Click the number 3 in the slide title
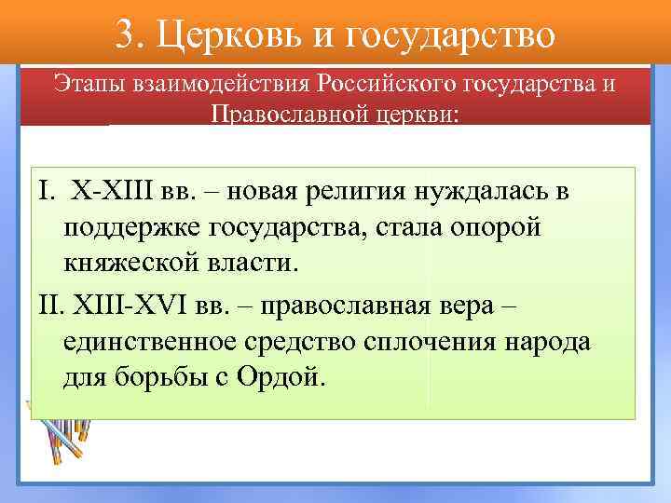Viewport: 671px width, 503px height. pyautogui.click(x=129, y=34)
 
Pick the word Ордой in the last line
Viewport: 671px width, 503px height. pyautogui.click(x=283, y=378)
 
